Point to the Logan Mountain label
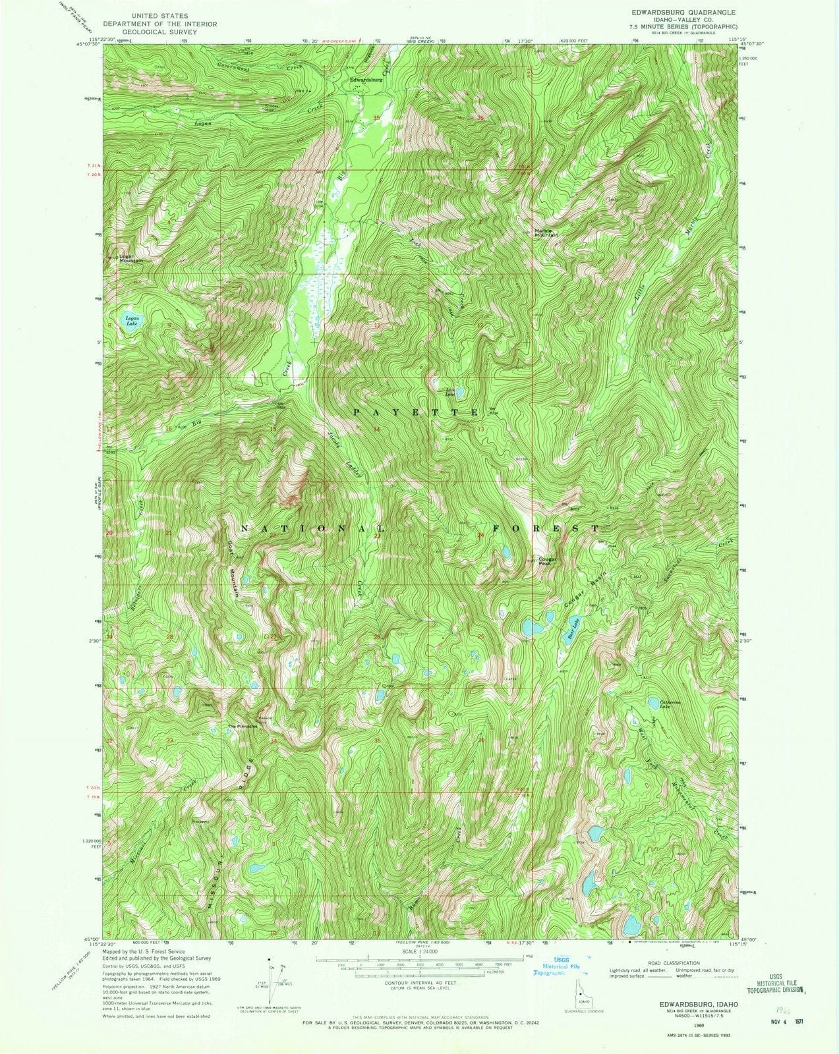click(131, 259)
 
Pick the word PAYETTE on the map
click(415, 412)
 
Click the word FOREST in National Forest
click(546, 528)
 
